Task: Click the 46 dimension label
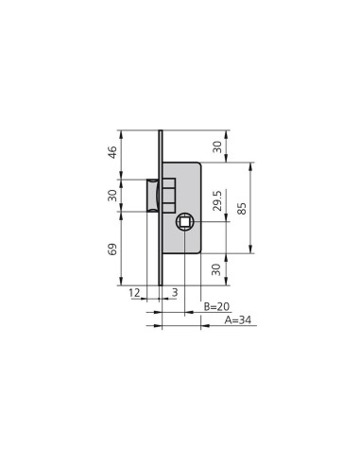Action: point(112,152)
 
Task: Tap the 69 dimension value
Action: point(112,249)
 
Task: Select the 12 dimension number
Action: point(134,293)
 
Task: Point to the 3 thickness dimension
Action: point(175,293)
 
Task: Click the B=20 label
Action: point(216,306)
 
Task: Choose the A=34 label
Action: point(238,320)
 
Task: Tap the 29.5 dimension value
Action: point(217,200)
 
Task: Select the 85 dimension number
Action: point(242,208)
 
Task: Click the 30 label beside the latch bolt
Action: point(112,196)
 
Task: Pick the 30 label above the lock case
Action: point(217,146)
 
